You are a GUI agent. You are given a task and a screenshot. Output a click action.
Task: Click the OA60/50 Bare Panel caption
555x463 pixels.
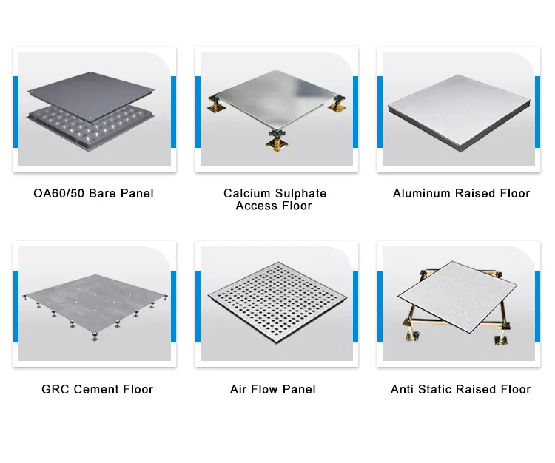(x=93, y=194)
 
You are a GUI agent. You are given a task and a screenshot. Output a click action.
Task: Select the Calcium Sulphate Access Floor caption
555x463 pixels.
(x=275, y=200)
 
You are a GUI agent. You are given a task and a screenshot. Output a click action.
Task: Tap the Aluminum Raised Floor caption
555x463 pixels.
(x=461, y=194)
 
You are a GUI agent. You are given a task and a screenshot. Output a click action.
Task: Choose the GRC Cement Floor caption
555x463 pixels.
(x=97, y=389)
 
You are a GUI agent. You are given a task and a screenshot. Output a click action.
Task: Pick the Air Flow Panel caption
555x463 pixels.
(x=273, y=389)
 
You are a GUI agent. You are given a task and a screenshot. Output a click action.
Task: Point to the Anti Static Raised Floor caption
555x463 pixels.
(x=460, y=389)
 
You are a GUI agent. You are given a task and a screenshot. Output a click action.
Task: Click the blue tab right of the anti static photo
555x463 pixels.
(x=538, y=303)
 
